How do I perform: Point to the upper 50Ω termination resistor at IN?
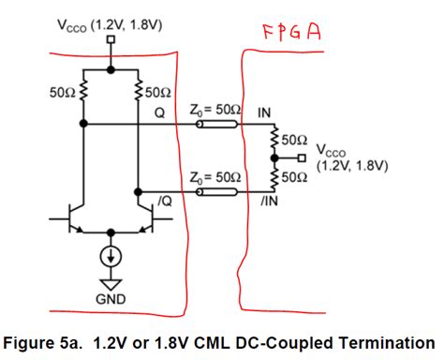(275, 142)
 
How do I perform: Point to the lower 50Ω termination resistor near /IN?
(275, 174)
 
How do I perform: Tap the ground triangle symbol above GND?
(111, 281)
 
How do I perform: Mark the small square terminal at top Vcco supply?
(111, 40)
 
